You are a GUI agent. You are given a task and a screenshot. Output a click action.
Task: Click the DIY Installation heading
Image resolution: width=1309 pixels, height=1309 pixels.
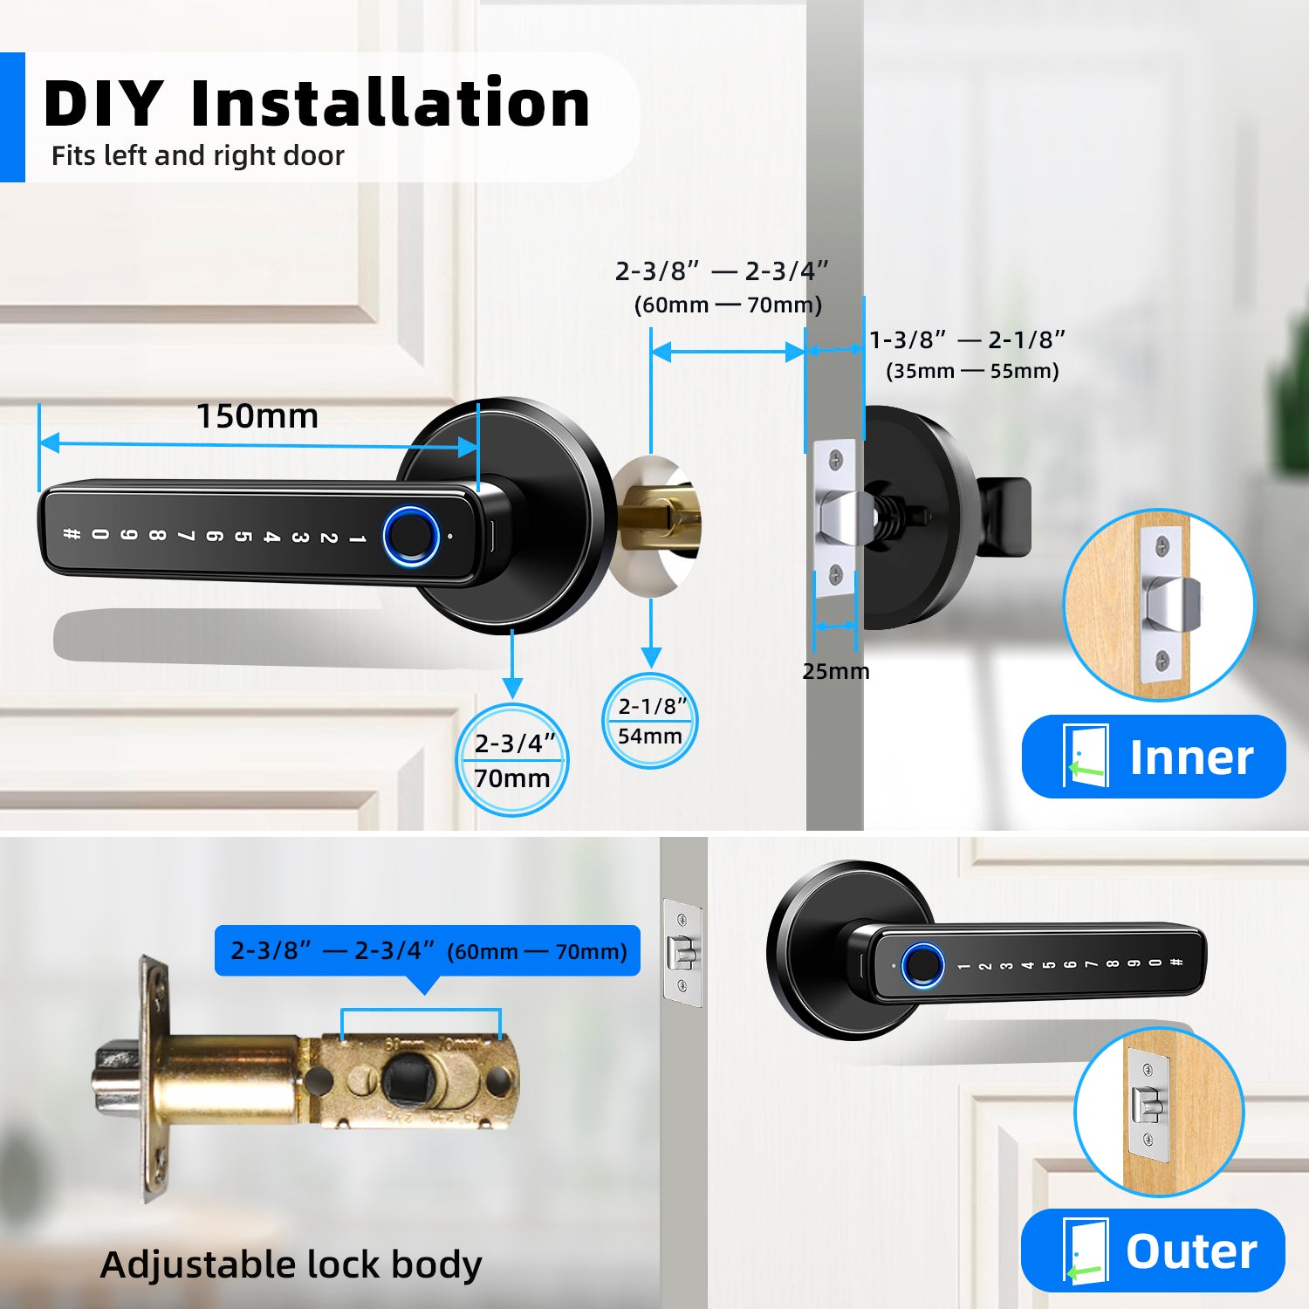tap(317, 103)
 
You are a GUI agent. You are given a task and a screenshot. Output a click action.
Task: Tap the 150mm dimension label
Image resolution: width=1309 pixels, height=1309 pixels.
tap(257, 416)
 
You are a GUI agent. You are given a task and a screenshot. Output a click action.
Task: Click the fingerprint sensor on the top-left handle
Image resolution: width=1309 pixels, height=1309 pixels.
tap(411, 536)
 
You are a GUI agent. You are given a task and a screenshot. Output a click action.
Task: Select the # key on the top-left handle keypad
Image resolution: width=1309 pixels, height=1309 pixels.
tap(72, 533)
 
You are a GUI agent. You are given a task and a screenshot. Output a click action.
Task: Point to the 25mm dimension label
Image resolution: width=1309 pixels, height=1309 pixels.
tap(835, 671)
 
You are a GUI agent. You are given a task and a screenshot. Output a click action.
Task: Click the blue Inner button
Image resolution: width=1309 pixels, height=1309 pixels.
tap(1153, 756)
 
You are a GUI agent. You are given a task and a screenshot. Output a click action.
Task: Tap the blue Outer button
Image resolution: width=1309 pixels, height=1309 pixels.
tap(1153, 1250)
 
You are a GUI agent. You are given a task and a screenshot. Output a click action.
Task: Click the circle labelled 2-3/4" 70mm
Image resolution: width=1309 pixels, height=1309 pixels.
tap(512, 760)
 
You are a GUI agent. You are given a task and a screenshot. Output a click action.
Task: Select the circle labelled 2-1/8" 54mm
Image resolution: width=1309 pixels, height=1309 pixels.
tap(650, 721)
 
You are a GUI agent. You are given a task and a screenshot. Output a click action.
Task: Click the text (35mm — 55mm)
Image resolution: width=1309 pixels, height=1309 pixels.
tap(972, 371)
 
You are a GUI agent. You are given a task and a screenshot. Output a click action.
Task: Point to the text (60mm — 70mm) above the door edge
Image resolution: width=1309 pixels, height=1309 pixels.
tap(728, 305)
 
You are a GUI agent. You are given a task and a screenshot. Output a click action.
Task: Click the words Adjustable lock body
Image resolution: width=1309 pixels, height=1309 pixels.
tap(291, 1264)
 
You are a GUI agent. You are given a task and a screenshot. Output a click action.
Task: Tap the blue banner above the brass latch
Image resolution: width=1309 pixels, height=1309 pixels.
tap(428, 950)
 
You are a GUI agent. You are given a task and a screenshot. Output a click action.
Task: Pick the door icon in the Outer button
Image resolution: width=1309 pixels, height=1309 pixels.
tap(1085, 1251)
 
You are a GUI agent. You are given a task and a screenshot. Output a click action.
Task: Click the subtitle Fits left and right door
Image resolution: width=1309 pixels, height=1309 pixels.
tap(198, 155)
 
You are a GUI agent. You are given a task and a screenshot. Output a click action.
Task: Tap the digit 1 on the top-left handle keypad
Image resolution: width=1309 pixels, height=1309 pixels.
tap(357, 538)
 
